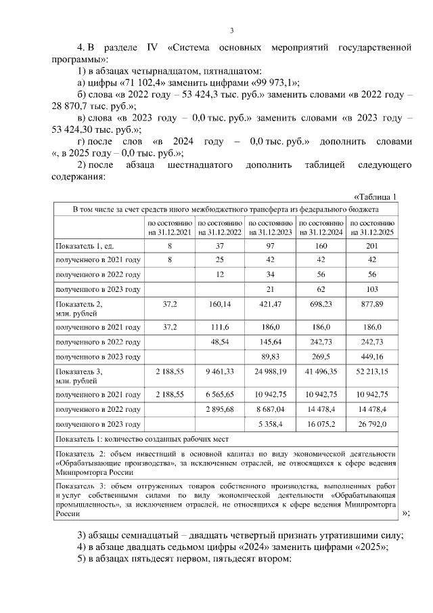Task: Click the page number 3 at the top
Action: (231, 30)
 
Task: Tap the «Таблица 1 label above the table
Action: (374, 196)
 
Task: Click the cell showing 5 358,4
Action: (271, 425)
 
